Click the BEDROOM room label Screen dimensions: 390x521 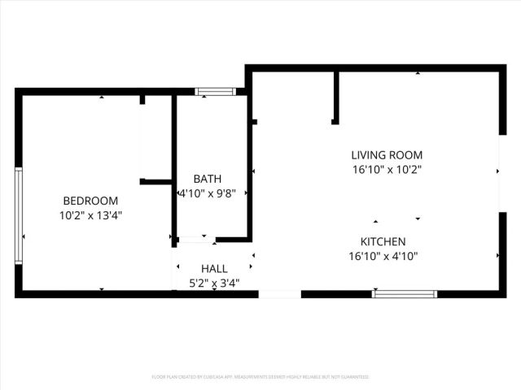[90, 201]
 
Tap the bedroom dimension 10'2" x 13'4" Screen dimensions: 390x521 [90, 215]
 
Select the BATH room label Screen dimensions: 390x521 [207, 179]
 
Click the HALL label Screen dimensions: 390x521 [214, 268]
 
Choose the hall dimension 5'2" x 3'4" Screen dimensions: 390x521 [214, 283]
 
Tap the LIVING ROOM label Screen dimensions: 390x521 [387, 155]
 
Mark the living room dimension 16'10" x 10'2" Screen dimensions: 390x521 [387, 170]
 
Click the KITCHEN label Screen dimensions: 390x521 [383, 241]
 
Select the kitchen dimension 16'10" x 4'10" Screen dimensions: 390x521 [383, 256]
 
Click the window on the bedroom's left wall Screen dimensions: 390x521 [18, 215]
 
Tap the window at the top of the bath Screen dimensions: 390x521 [215, 91]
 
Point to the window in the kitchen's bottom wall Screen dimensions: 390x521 [405, 293]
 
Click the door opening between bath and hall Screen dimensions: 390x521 [195, 239]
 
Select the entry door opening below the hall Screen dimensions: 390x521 [279, 293]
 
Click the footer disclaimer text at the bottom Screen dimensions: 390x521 [260, 377]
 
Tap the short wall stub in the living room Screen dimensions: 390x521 [335, 97]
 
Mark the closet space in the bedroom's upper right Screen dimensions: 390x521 [155, 138]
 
